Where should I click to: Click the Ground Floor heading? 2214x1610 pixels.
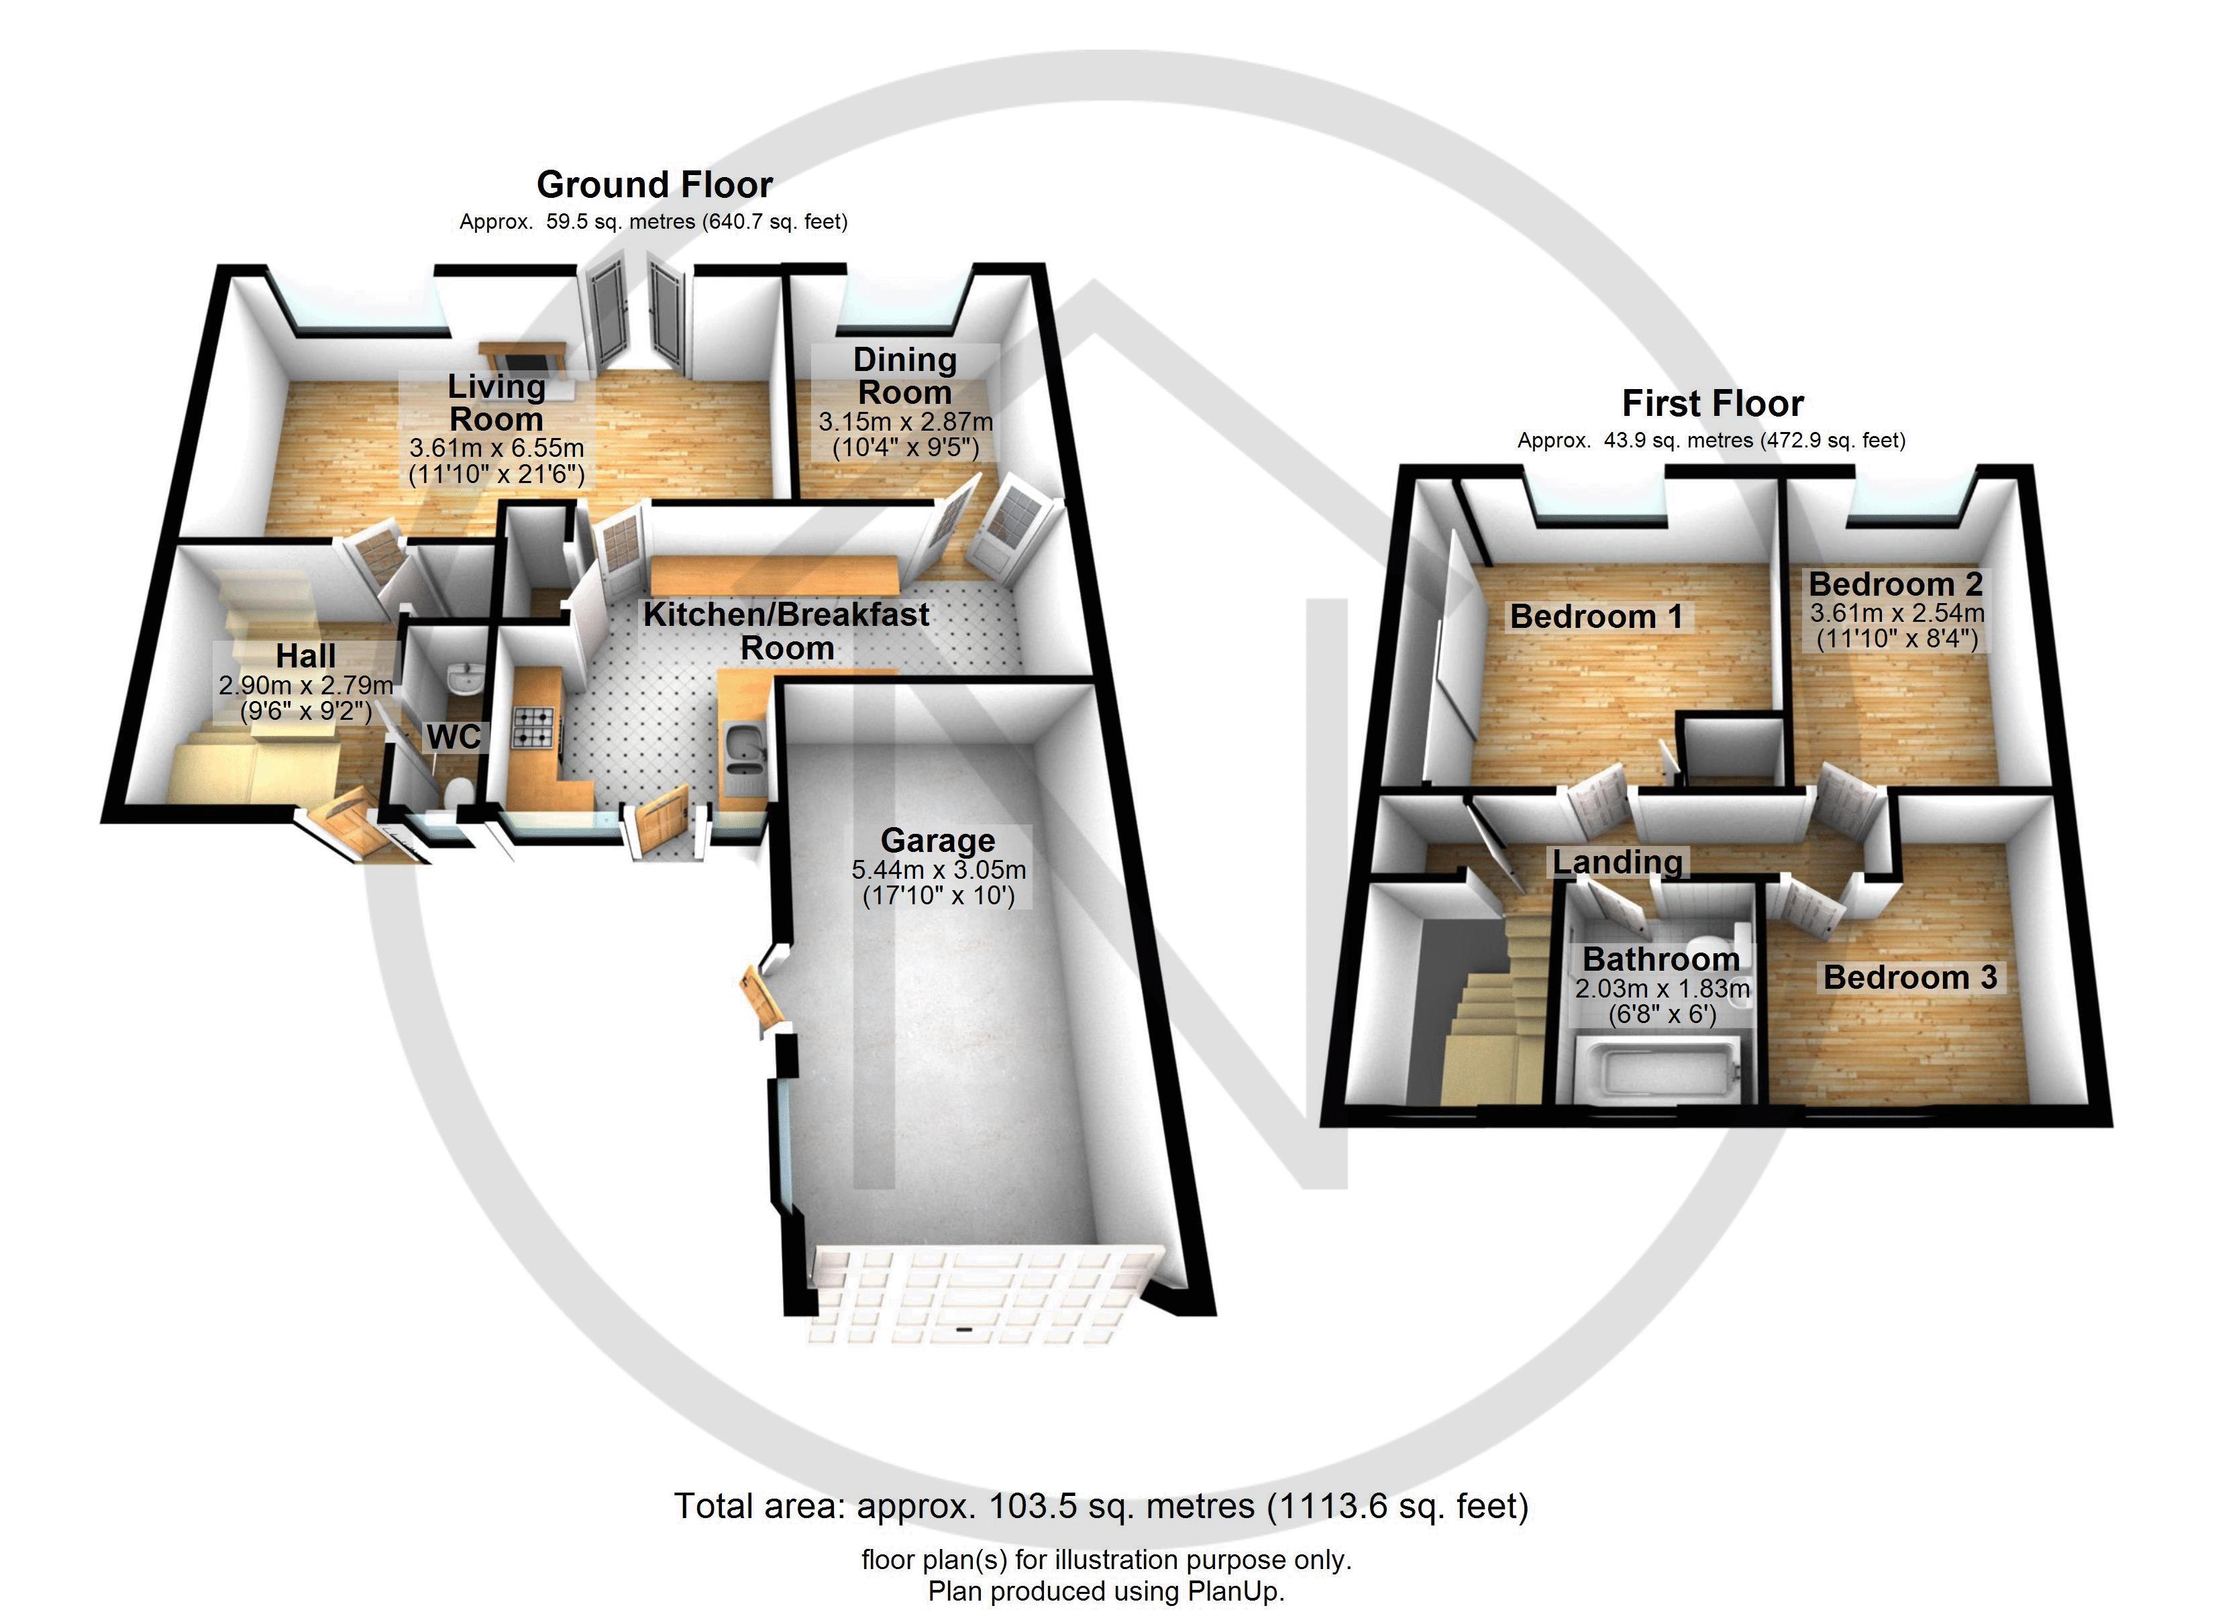654,184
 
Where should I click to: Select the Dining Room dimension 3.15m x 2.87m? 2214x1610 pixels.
905,423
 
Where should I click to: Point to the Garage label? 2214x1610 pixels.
937,840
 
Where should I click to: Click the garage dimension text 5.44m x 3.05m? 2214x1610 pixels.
938,869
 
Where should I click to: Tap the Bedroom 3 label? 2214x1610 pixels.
1909,977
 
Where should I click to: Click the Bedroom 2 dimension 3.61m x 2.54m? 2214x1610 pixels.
1896,613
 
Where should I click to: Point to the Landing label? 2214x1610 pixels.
1618,861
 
